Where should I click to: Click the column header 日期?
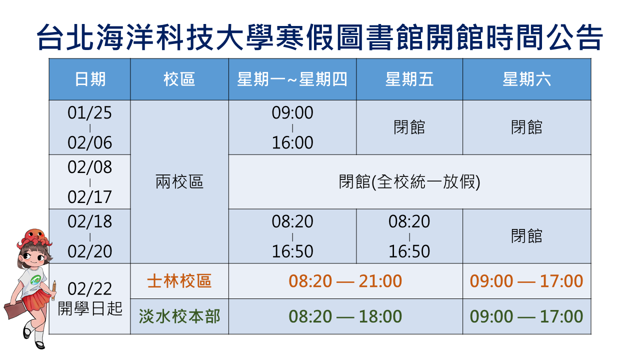(90, 79)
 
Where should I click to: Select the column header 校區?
(179, 79)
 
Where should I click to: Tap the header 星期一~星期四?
(292, 79)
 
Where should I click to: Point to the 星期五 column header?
(409, 79)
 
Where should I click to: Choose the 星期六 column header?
(526, 79)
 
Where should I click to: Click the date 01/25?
(89, 112)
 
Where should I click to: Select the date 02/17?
(89, 197)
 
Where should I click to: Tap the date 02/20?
(89, 251)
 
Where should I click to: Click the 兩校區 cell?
(179, 181)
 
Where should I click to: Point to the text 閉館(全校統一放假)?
(409, 181)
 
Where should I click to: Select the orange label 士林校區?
(179, 281)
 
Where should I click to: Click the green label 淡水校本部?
(179, 316)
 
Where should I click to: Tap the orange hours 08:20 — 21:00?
(345, 281)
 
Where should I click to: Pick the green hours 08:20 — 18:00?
(345, 316)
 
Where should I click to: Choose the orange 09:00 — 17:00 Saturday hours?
(526, 281)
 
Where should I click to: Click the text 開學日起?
(90, 308)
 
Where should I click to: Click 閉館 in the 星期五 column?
(409, 127)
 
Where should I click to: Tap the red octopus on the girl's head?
(35, 237)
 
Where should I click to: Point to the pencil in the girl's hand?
(53, 290)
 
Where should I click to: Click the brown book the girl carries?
(14, 309)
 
